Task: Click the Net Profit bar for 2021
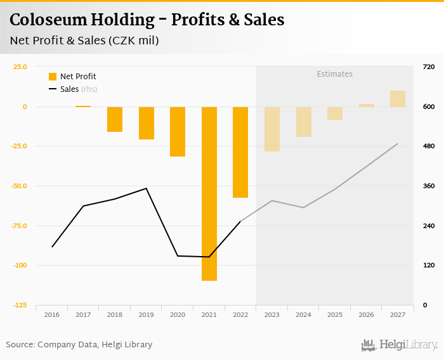[x=209, y=193]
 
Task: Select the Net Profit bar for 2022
[x=240, y=152]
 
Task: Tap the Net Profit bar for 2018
[x=115, y=119]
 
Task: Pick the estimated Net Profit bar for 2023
[x=272, y=129]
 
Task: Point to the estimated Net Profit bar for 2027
[x=398, y=99]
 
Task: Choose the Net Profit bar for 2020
[x=178, y=131]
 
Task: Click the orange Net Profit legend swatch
[x=53, y=77]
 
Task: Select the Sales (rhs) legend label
[x=79, y=89]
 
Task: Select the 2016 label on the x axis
[x=52, y=314]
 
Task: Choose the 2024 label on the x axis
[x=303, y=314]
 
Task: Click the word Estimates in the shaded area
[x=334, y=74]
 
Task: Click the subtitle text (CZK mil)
[x=133, y=41]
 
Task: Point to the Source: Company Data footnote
[x=79, y=345]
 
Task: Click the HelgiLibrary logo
[x=400, y=345]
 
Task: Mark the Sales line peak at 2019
[x=147, y=188]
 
